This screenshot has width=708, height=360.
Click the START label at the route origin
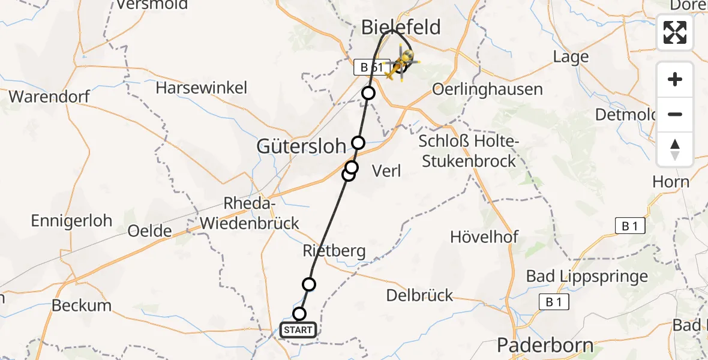pyautogui.click(x=298, y=330)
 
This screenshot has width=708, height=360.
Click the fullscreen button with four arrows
pyautogui.click(x=675, y=32)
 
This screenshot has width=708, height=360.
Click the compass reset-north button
pyautogui.click(x=675, y=149)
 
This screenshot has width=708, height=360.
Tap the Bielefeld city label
pyautogui.click(x=401, y=27)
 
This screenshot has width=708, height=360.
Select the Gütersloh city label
pyautogui.click(x=302, y=146)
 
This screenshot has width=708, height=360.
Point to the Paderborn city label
pyautogui.click(x=545, y=346)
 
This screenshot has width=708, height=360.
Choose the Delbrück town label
pyautogui.click(x=420, y=295)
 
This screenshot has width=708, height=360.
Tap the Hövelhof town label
pyautogui.click(x=484, y=236)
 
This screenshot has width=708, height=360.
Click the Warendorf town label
pyautogui.click(x=49, y=96)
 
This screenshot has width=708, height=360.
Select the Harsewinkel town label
pyautogui.click(x=201, y=88)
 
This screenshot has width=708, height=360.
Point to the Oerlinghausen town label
pyautogui.click(x=487, y=89)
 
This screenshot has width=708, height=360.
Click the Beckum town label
pyautogui.click(x=82, y=305)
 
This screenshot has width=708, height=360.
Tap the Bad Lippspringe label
pyautogui.click(x=587, y=277)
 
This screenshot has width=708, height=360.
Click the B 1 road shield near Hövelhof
pyautogui.click(x=629, y=226)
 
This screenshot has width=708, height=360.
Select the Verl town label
pyautogui.click(x=386, y=171)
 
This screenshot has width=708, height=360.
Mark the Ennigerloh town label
pyautogui.click(x=71, y=220)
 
